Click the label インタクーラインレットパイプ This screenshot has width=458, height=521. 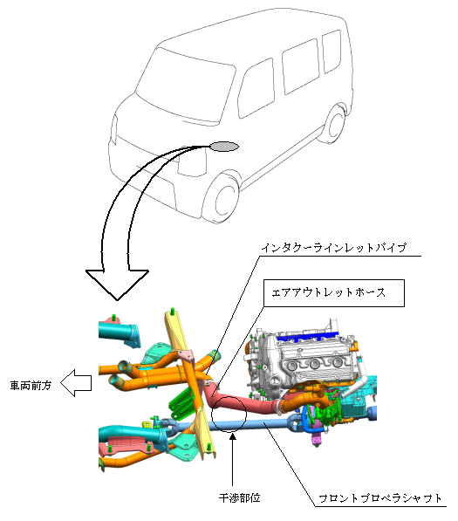click(333, 248)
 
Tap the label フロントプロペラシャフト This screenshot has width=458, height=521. click(380, 498)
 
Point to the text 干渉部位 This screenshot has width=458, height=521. click(239, 497)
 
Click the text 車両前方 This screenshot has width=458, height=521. click(31, 386)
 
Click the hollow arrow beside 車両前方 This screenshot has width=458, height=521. click(76, 383)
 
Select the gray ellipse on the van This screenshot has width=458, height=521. click(224, 147)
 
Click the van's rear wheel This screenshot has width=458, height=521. click(335, 125)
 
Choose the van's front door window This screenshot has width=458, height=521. click(256, 89)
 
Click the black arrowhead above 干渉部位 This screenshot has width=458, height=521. click(233, 436)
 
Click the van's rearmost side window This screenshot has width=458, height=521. click(332, 51)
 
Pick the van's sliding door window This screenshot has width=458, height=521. click(301, 66)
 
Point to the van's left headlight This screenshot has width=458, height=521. click(114, 130)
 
